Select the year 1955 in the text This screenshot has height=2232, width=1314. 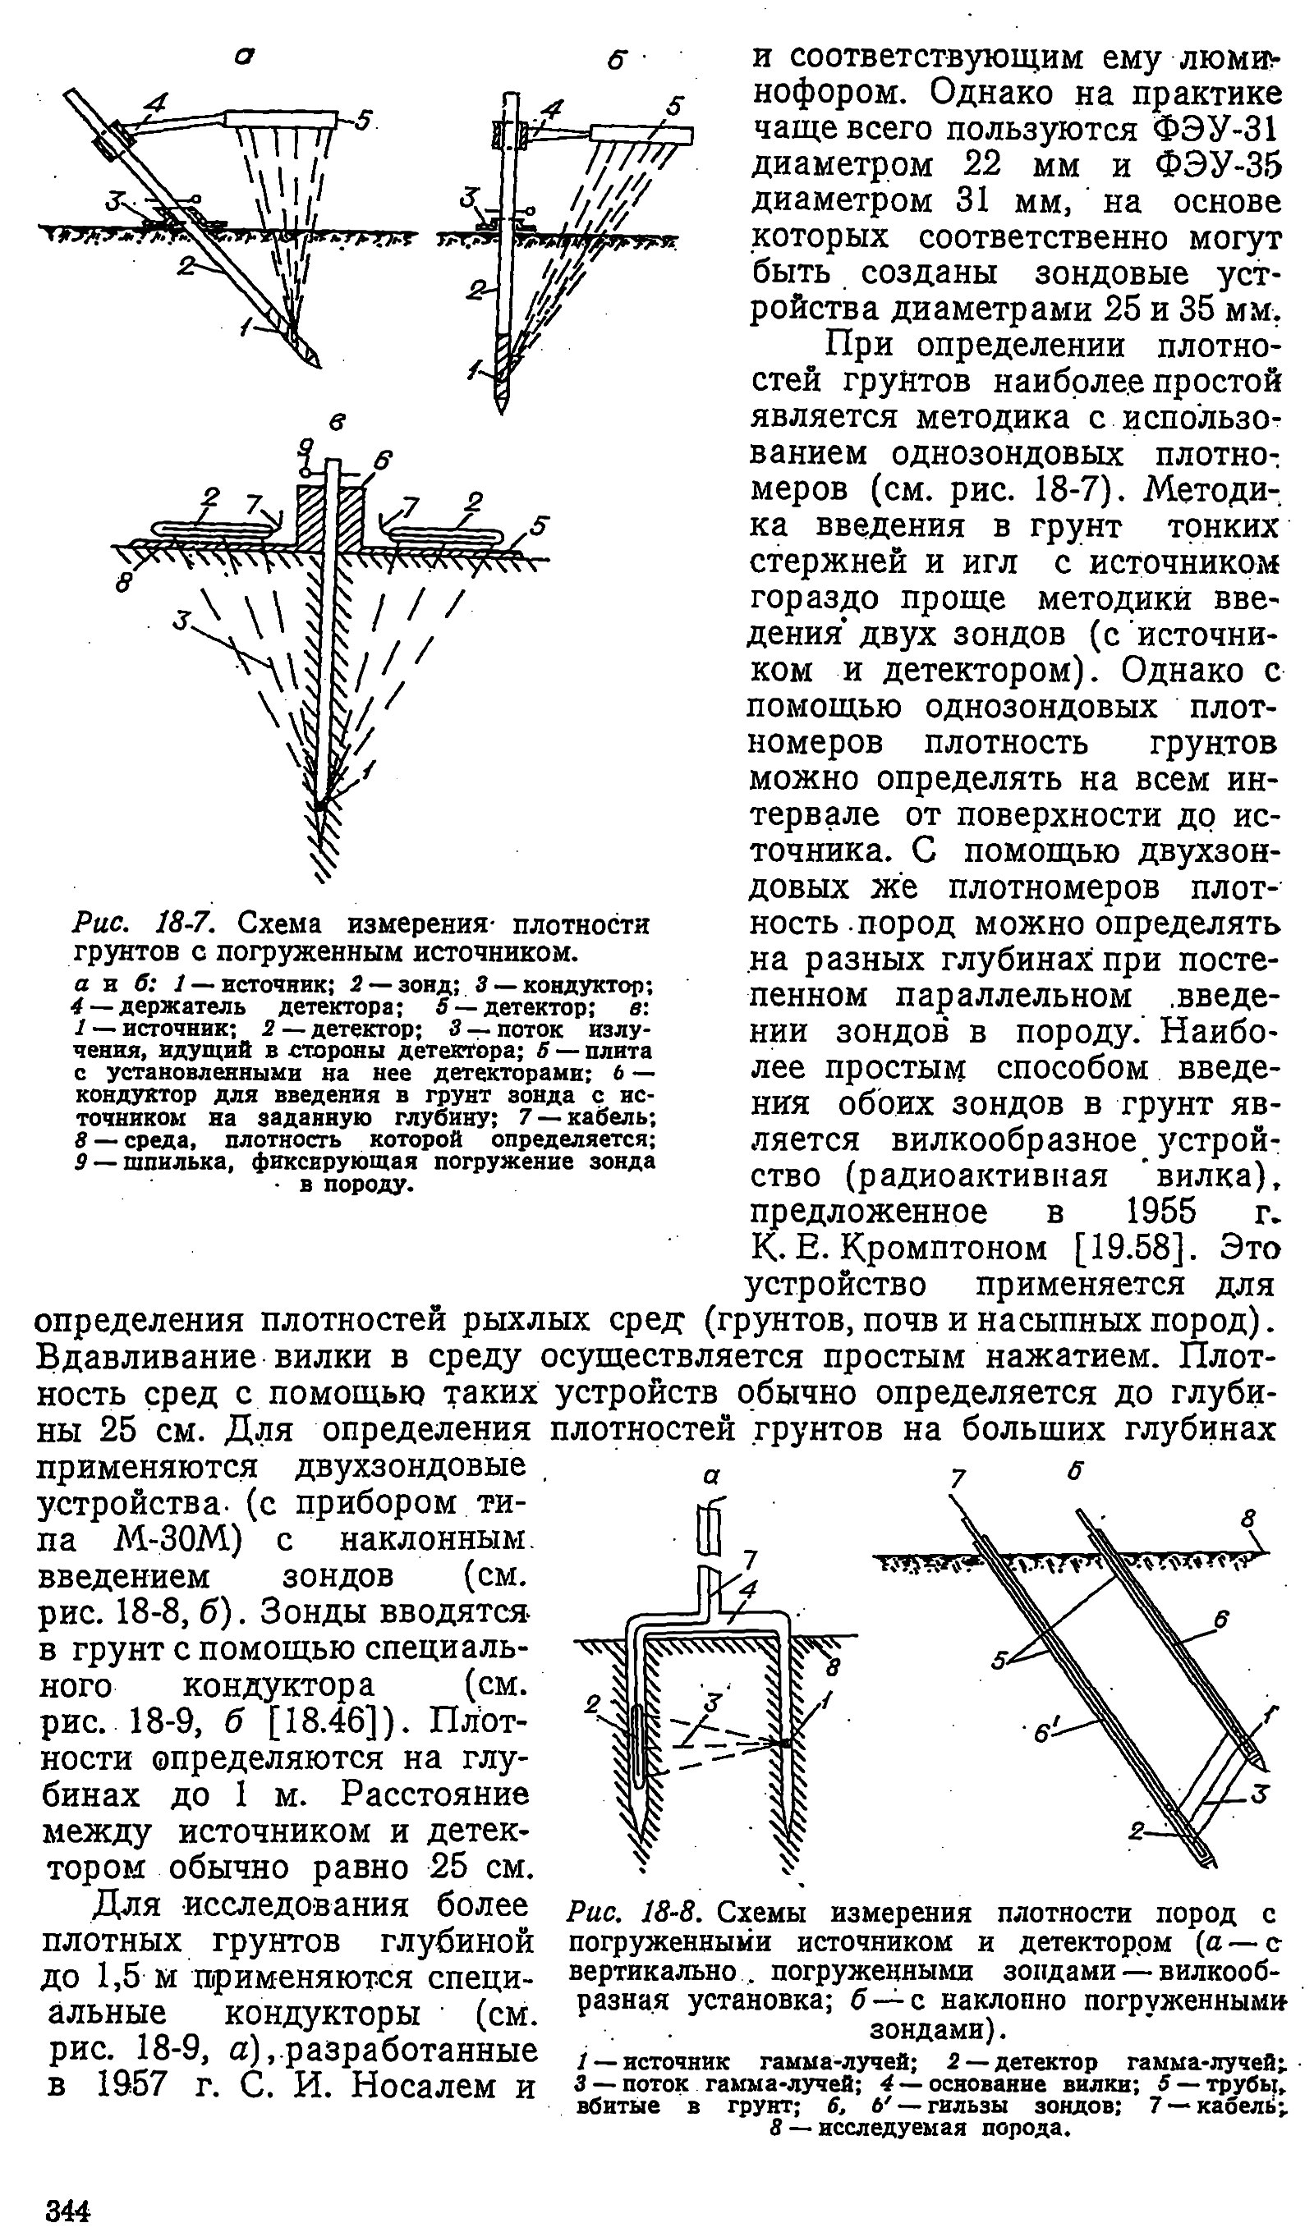pos(1160,1212)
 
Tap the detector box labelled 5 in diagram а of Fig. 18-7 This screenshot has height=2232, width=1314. pos(282,119)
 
